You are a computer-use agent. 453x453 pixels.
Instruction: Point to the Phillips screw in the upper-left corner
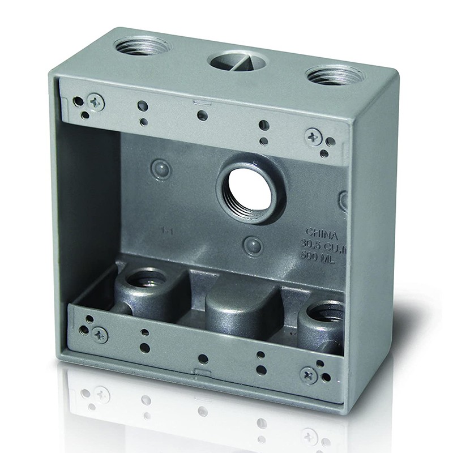(x=96, y=102)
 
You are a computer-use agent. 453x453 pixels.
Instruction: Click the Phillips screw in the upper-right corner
(x=313, y=136)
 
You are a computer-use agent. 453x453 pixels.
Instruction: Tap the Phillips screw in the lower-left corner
(x=100, y=334)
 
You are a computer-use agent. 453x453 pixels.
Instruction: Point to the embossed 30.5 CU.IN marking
(x=323, y=244)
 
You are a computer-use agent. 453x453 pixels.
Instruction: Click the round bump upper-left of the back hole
(x=161, y=168)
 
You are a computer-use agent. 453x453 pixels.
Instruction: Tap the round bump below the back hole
(x=253, y=245)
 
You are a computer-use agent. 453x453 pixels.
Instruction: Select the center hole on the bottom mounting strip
(x=203, y=359)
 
